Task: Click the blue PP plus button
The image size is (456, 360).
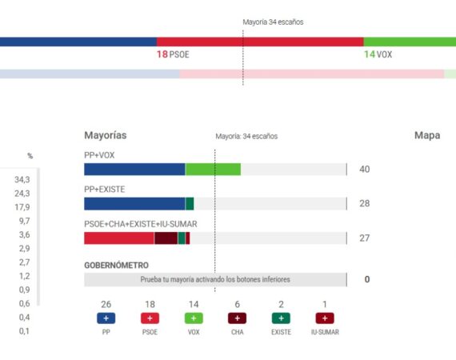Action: (x=106, y=318)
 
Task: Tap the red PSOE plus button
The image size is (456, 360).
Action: (x=150, y=318)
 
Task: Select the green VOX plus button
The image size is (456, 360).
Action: (x=194, y=318)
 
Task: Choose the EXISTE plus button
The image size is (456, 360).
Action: (x=281, y=318)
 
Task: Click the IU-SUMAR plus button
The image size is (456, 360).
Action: (x=325, y=318)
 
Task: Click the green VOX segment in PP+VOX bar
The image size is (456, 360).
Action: (x=213, y=170)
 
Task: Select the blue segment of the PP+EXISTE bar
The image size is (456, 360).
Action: (x=134, y=204)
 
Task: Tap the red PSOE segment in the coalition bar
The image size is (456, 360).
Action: (x=118, y=238)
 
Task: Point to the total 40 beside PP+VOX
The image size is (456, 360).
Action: (x=365, y=170)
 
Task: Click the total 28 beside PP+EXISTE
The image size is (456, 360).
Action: (x=365, y=204)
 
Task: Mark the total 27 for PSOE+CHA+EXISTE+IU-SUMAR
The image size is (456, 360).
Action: (x=365, y=238)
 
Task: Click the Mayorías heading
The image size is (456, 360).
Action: (x=105, y=135)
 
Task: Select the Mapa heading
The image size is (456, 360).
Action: (x=426, y=135)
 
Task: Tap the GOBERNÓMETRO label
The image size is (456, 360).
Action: (x=116, y=265)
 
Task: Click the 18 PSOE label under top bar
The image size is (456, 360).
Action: (x=173, y=54)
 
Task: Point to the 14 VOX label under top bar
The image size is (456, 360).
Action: (x=378, y=54)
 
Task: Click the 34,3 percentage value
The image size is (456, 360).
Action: (x=22, y=179)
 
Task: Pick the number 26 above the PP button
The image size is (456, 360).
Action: (x=106, y=304)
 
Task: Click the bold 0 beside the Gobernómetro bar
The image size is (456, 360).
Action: (x=366, y=280)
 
